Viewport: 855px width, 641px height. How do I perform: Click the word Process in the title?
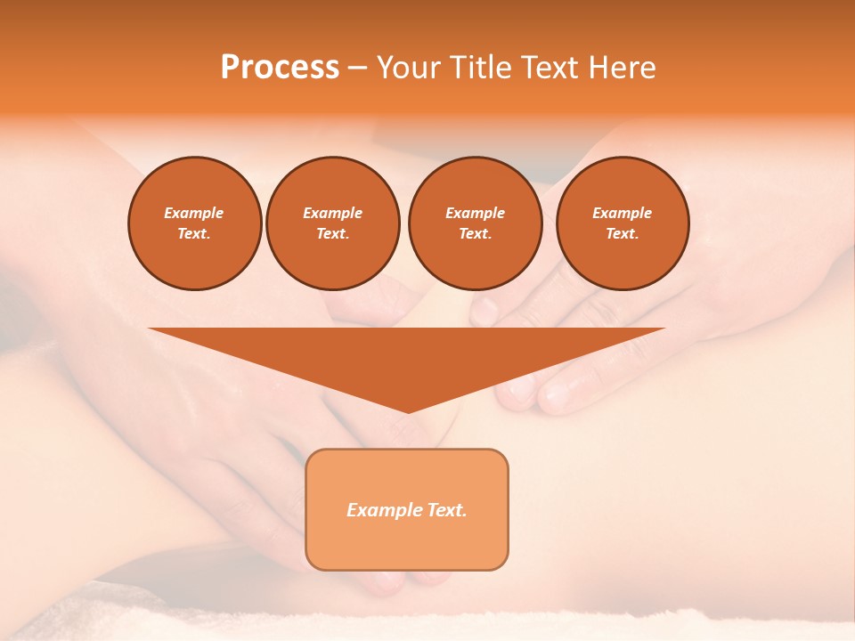tap(280, 68)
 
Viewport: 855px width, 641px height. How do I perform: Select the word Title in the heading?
tap(479, 68)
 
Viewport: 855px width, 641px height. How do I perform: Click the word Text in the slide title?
tap(550, 68)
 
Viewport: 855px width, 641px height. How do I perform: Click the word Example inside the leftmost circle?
tap(194, 213)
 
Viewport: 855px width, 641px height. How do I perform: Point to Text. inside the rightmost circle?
tap(623, 234)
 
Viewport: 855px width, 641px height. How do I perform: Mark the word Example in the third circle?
tap(475, 213)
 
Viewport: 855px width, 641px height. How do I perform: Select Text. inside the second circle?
tap(333, 234)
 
